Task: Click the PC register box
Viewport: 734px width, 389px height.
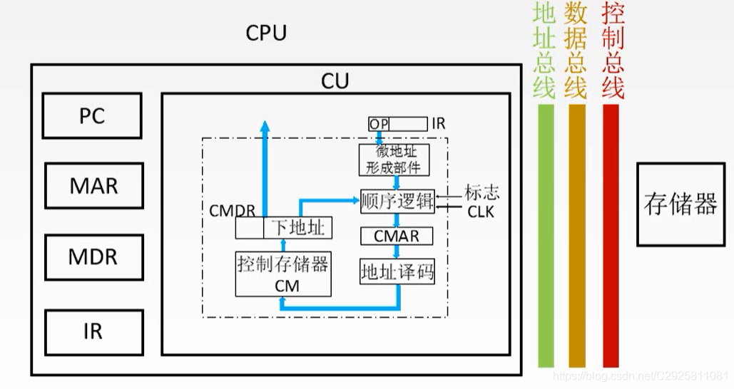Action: point(92,115)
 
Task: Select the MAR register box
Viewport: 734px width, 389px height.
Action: point(93,187)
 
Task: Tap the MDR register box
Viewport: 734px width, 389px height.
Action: point(93,257)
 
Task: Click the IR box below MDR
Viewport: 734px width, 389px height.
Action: point(93,331)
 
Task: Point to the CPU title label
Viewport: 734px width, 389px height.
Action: point(266,33)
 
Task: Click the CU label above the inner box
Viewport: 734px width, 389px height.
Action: point(335,81)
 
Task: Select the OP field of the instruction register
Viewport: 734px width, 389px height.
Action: point(379,124)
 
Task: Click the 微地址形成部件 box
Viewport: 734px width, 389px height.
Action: point(397,160)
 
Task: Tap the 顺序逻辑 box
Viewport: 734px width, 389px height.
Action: point(397,201)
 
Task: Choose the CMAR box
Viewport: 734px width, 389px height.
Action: point(397,236)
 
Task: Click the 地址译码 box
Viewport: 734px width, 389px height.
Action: point(397,272)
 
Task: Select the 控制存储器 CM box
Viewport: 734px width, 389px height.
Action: point(283,274)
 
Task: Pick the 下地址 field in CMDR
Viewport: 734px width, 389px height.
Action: point(297,228)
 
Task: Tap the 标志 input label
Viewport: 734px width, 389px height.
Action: point(481,192)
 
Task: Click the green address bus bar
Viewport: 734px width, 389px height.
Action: point(546,235)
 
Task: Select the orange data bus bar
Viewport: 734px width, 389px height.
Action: point(577,235)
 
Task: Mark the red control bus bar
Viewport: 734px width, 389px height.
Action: point(611,235)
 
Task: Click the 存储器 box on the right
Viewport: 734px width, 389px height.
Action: point(680,204)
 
